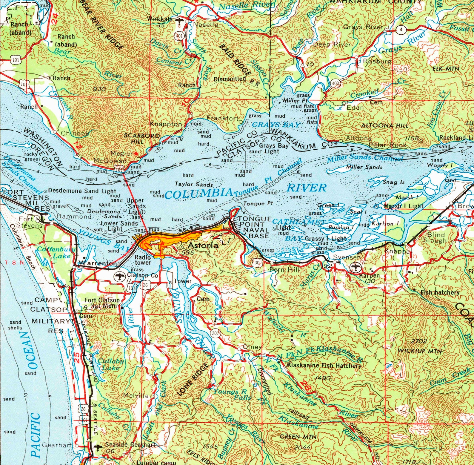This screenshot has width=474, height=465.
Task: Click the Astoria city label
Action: pos(203,245)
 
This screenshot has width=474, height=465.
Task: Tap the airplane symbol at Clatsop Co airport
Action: pos(119,277)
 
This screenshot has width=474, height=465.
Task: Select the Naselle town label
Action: pos(206,24)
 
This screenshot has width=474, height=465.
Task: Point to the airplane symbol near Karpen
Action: pos(355,266)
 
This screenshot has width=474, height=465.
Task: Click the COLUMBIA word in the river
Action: pos(198,194)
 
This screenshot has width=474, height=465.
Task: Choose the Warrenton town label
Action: pos(97,263)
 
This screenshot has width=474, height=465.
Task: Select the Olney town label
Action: pos(252,347)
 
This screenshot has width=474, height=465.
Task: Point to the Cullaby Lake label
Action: pos(111,364)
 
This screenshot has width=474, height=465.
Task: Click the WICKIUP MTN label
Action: pos(419,351)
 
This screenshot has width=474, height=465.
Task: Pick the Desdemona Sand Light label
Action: pos(82,191)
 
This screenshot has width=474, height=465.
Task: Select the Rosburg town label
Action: pos(377,62)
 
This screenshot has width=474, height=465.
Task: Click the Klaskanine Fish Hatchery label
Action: pos(324,365)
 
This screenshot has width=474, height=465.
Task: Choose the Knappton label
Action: pos(165,124)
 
